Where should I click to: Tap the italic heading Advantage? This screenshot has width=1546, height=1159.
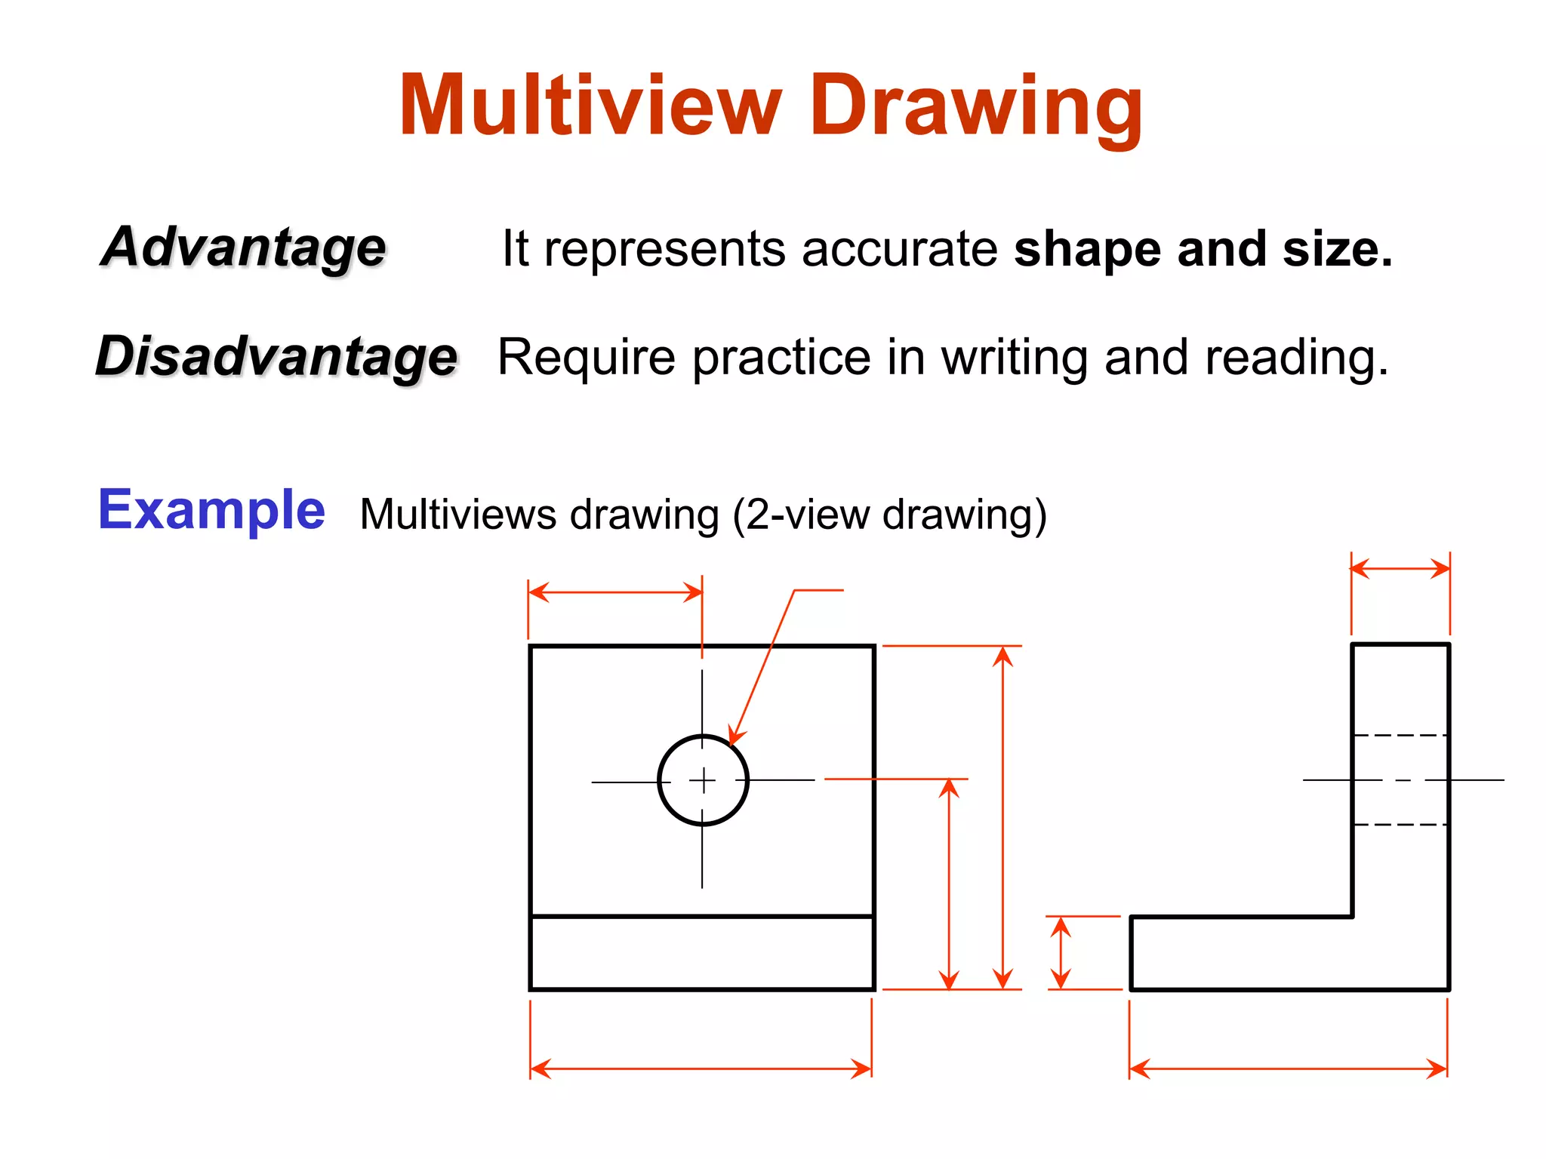pos(243,247)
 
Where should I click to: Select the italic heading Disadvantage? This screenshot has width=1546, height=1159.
pos(276,356)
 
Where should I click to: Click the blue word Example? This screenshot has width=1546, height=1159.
pos(211,510)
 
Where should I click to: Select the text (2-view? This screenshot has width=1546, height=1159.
pos(804,515)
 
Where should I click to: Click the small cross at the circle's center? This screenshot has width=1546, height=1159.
pos(703,779)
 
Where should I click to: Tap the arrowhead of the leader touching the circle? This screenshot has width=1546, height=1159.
pos(734,737)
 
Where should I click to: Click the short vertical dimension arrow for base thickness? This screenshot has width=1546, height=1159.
pos(1061,952)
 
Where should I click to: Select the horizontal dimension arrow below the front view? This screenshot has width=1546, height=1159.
pos(701,1068)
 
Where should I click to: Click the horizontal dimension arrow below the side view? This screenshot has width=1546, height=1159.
pos(1288,1068)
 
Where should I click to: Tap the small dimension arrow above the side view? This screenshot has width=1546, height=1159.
pos(1400,568)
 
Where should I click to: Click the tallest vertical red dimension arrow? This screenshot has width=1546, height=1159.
pos(1002,817)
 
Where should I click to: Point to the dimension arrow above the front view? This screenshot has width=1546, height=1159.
pos(615,592)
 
